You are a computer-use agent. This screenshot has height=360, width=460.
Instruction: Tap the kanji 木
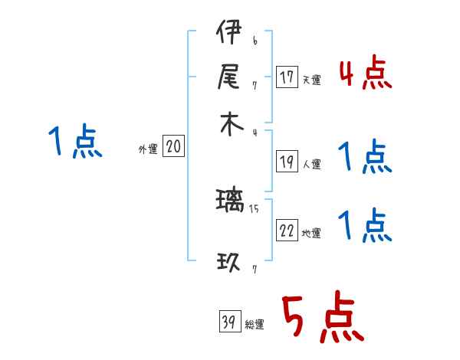(229, 124)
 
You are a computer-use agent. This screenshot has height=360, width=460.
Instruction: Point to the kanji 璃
(230, 202)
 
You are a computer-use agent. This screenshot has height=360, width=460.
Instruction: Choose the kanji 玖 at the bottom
(229, 263)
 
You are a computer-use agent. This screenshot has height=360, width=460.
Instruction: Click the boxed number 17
(287, 77)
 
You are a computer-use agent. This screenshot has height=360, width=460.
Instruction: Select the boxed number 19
(287, 162)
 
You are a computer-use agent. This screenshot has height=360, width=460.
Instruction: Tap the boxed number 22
(287, 231)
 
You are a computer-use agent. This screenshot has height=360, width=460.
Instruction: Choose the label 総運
(255, 325)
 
